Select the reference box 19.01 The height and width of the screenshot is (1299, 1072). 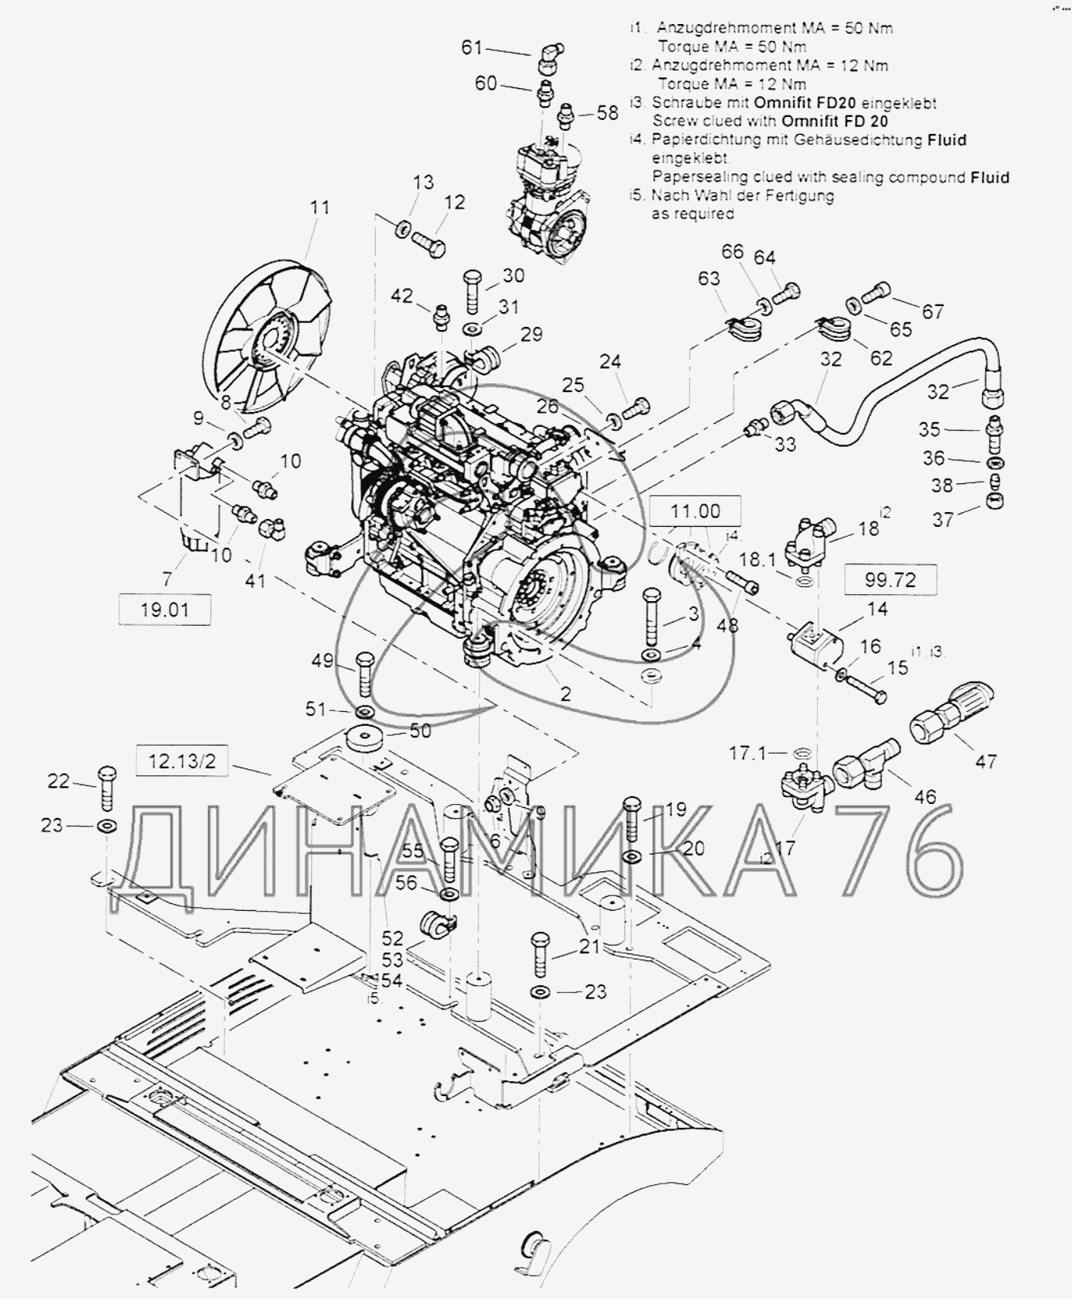164,610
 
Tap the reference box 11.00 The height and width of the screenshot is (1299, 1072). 695,511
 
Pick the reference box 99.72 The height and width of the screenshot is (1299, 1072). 889,579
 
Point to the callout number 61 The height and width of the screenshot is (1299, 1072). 472,48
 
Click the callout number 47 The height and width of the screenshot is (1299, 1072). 985,761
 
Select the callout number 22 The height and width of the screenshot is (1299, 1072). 59,781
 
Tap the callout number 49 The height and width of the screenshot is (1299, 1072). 322,661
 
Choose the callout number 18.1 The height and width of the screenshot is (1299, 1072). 757,558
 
